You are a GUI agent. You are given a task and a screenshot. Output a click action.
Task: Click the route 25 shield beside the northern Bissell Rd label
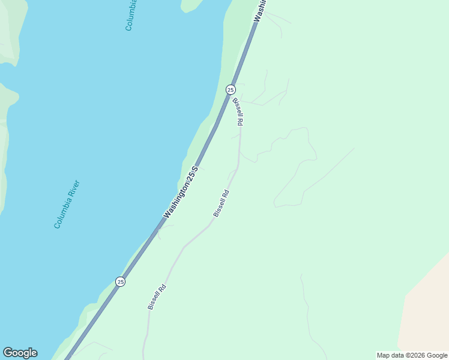click(x=231, y=89)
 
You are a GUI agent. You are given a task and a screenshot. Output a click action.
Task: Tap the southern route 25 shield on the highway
click(x=121, y=281)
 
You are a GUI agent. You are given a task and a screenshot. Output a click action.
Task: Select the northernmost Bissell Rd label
click(x=238, y=112)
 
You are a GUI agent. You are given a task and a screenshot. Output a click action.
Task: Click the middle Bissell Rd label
click(x=221, y=203)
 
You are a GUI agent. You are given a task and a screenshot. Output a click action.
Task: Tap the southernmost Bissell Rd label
click(x=157, y=297)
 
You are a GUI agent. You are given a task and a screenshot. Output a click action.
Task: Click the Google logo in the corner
click(x=20, y=353)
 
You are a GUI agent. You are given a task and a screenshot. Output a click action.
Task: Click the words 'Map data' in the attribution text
click(x=391, y=356)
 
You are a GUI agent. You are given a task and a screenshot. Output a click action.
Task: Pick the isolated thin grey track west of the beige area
click(x=307, y=312)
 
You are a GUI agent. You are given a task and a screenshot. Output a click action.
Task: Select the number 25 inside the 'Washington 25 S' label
click(x=191, y=175)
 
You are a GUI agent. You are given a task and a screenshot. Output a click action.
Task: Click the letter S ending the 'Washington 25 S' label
click(x=195, y=169)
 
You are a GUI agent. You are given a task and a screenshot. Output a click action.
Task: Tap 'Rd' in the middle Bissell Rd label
click(x=226, y=194)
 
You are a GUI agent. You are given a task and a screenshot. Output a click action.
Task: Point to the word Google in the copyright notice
click(x=437, y=356)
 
